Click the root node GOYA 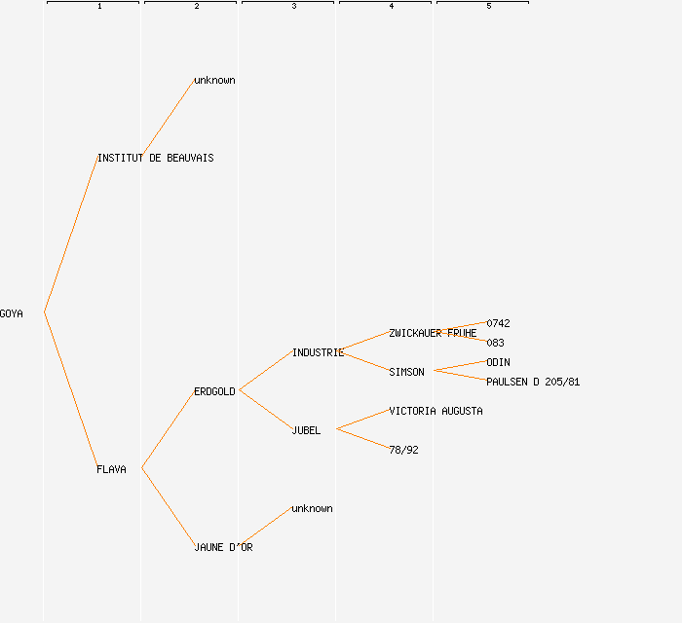(x=12, y=313)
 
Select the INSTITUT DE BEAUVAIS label (x=155, y=158)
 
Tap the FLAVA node (x=111, y=469)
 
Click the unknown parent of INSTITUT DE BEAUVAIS (x=214, y=80)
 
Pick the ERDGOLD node (x=214, y=391)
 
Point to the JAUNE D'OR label (x=223, y=547)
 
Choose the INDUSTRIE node (x=318, y=352)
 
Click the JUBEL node (x=306, y=430)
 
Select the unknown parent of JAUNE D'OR (x=312, y=508)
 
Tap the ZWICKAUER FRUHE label (x=433, y=333)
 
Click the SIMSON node (x=406, y=372)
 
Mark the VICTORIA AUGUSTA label (x=436, y=411)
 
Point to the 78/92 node (x=403, y=450)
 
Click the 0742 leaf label (x=498, y=323)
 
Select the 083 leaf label (x=495, y=343)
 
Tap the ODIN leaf (x=498, y=362)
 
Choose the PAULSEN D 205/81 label (x=533, y=382)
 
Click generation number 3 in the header (x=293, y=7)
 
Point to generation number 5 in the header (x=488, y=7)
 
